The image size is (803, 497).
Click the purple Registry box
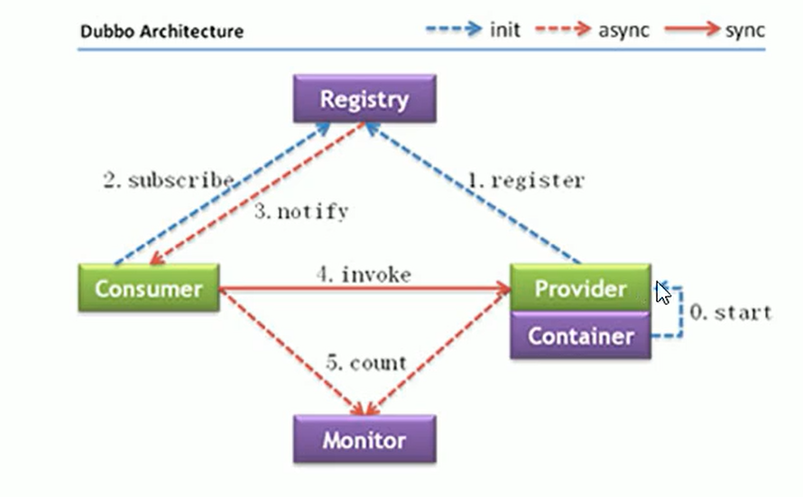(x=365, y=99)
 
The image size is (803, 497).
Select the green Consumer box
(x=149, y=289)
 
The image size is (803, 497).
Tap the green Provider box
(x=580, y=289)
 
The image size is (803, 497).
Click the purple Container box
(x=580, y=336)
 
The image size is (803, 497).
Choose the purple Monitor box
(x=365, y=440)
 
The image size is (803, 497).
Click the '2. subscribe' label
(x=168, y=179)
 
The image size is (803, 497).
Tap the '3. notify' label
(x=300, y=213)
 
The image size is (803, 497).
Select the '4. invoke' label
(x=364, y=275)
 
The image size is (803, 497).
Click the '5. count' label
(x=366, y=363)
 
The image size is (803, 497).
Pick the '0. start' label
(x=731, y=313)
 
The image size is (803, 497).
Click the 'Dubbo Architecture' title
(x=162, y=32)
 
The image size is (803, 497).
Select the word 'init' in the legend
(x=504, y=30)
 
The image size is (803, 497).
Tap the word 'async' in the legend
(x=622, y=30)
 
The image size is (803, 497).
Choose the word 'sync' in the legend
(x=744, y=30)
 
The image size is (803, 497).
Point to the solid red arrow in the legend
(x=693, y=29)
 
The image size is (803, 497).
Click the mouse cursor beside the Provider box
(x=662, y=293)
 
